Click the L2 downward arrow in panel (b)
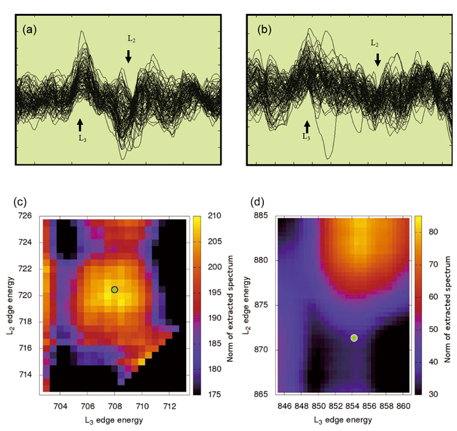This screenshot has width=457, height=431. click(x=378, y=60)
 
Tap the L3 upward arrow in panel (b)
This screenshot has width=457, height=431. click(x=307, y=126)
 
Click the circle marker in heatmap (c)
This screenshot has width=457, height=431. click(x=115, y=289)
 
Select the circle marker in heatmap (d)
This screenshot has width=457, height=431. click(x=354, y=338)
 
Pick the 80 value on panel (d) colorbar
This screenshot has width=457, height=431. click(x=430, y=233)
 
